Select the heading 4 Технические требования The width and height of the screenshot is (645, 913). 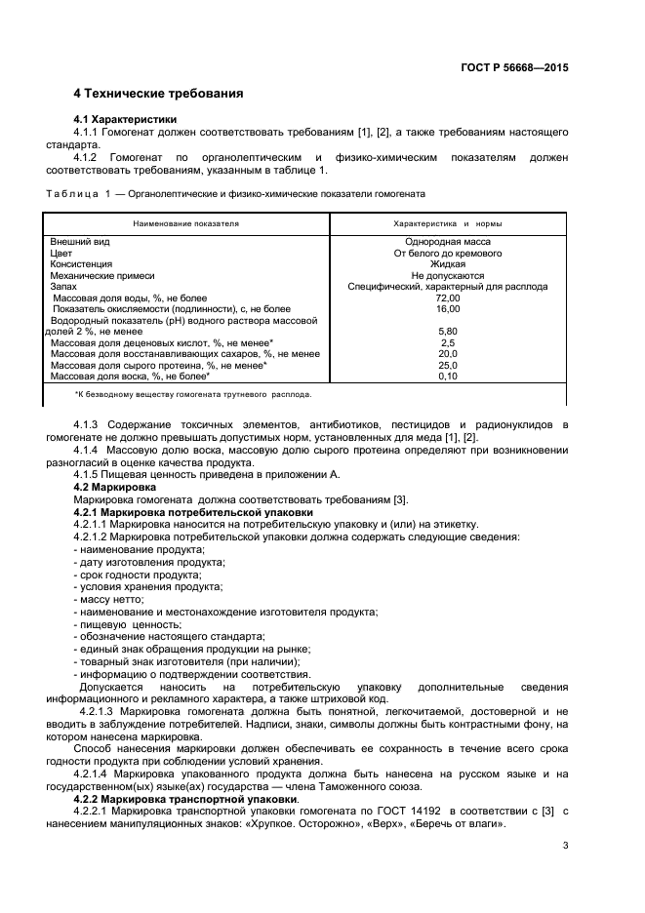coord(158,94)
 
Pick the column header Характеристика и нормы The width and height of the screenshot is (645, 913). coord(446,223)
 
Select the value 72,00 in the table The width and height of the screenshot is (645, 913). coord(448,298)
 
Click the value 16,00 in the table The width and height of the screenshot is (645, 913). coord(448,308)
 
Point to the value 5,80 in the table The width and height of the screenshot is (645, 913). coord(448,331)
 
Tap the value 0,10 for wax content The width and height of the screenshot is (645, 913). coord(448,376)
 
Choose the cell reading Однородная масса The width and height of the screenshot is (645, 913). coord(448,241)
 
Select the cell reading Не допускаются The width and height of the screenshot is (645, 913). coord(448,275)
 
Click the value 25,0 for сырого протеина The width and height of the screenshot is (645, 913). coord(448,365)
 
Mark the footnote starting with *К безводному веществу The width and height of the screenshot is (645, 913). coord(193,394)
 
